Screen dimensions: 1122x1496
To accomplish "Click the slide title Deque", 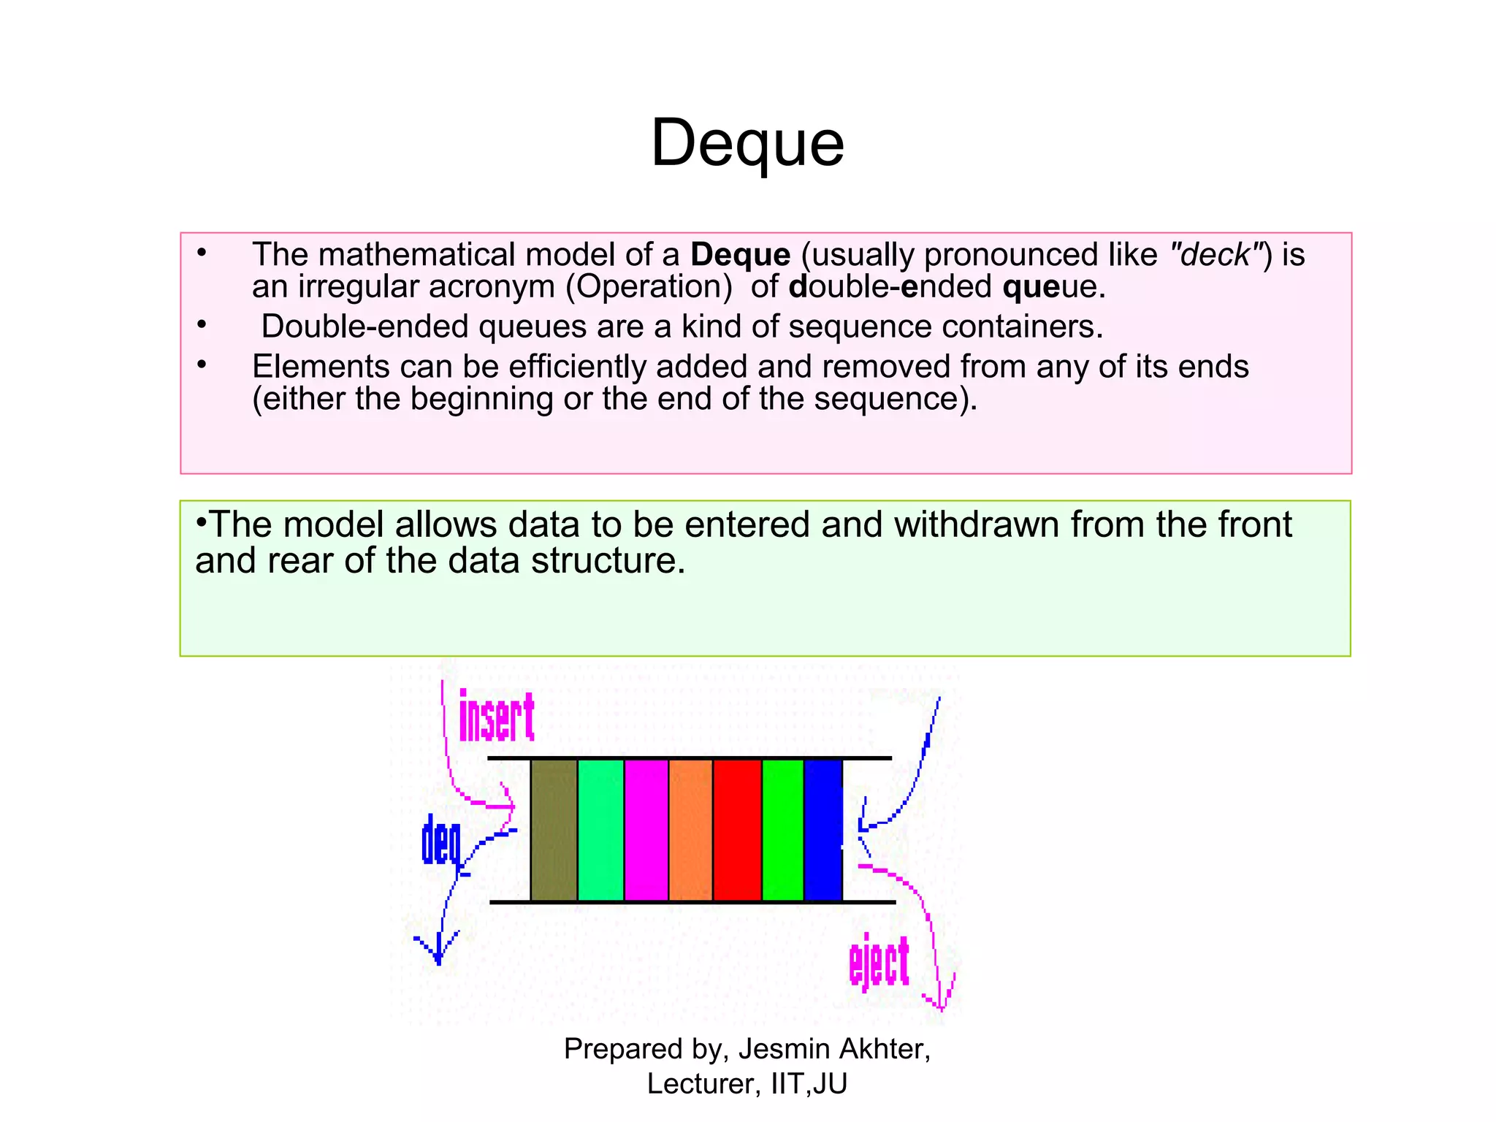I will tap(747, 143).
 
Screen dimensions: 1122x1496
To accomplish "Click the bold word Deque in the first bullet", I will tap(740, 255).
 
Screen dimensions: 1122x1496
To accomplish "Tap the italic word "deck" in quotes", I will tap(1215, 255).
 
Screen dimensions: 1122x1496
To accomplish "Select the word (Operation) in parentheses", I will tap(649, 287).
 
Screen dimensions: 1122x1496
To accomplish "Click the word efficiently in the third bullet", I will tap(577, 367).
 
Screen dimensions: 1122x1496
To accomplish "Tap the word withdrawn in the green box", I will tap(976, 524).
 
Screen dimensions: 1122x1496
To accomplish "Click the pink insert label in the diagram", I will tap(497, 717).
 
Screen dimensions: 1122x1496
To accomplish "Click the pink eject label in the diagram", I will tap(879, 962).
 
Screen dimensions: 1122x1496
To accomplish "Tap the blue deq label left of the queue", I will tap(441, 842).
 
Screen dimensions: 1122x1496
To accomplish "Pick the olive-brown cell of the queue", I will tap(554, 830).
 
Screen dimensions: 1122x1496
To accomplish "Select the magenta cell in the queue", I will tap(646, 830).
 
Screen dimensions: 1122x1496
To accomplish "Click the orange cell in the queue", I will tap(690, 830).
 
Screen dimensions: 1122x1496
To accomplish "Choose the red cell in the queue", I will tap(737, 830).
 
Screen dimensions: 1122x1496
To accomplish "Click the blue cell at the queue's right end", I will tap(823, 830).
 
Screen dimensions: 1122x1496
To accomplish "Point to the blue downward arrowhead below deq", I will tap(438, 950).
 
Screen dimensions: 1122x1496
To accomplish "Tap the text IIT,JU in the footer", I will tap(809, 1084).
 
